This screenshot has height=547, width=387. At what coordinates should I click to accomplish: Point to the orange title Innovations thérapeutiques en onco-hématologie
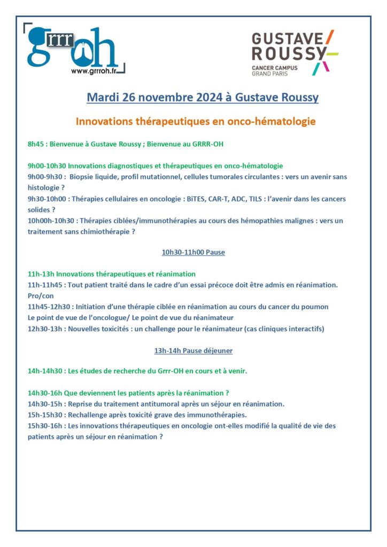tap(196, 122)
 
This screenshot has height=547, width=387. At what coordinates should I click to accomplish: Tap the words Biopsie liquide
tap(91, 176)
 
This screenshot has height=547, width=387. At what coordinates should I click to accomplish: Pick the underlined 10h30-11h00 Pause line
tap(193, 252)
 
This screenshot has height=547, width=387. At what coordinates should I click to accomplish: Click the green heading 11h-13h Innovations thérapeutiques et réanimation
tap(112, 273)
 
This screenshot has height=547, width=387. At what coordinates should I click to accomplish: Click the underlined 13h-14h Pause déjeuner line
tap(193, 350)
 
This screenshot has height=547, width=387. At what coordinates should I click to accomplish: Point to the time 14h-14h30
tap(45, 370)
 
